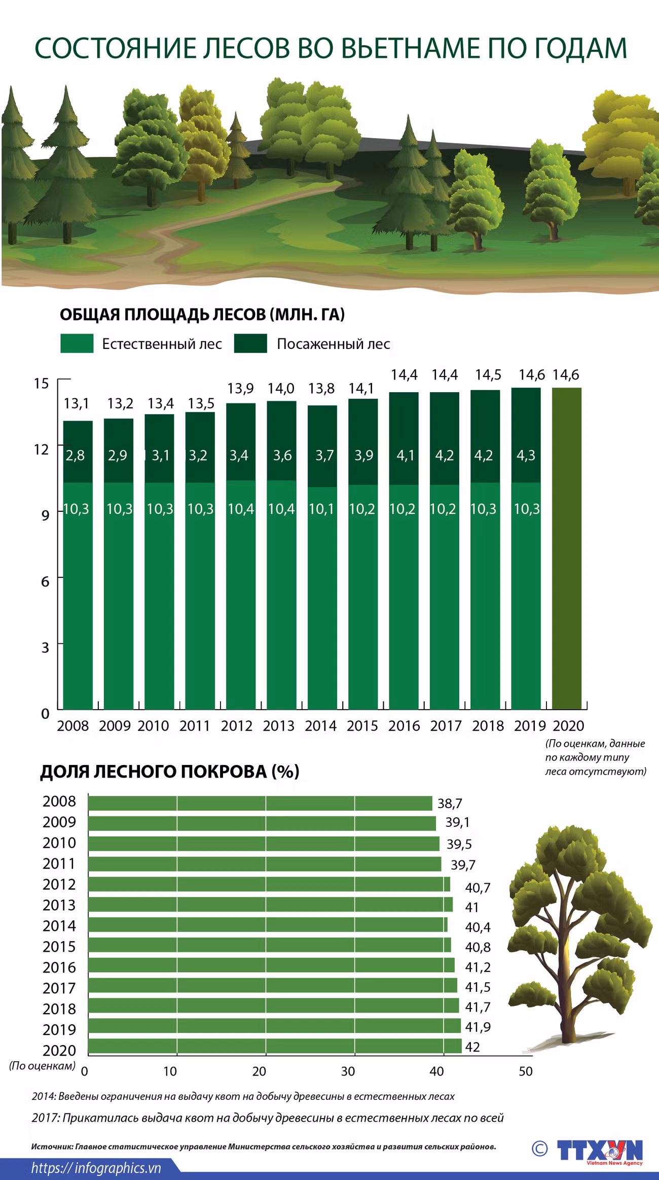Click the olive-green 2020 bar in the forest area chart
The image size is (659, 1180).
click(x=566, y=548)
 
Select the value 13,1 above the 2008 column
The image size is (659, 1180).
click(x=76, y=404)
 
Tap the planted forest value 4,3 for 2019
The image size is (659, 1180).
click(x=526, y=456)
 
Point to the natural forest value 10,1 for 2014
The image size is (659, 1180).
click(x=322, y=509)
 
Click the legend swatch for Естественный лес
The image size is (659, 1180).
click(x=77, y=343)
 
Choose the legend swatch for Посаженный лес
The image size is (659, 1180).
click(x=250, y=343)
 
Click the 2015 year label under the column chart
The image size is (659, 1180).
click(x=362, y=726)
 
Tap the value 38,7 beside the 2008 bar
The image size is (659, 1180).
click(x=450, y=804)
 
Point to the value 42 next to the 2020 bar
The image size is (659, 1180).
click(x=472, y=1047)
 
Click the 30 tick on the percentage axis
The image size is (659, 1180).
click(x=348, y=1071)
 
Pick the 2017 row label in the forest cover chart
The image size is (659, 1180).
click(x=59, y=988)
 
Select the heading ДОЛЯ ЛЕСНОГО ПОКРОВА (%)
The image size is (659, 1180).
click(x=170, y=772)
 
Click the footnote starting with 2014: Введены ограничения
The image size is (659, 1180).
click(x=243, y=1096)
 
